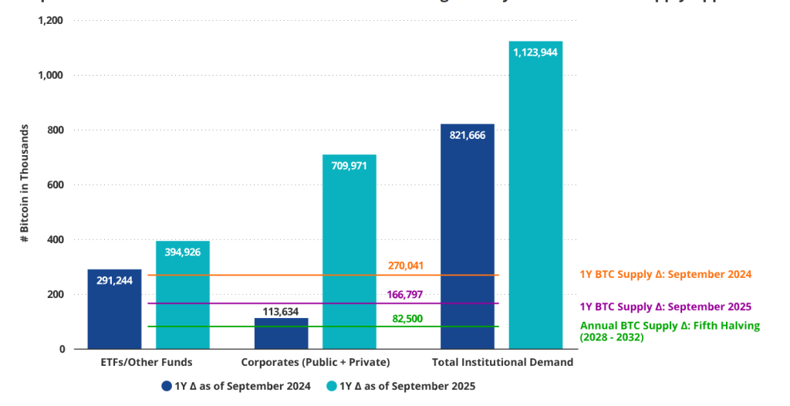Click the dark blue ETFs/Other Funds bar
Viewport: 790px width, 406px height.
click(114, 309)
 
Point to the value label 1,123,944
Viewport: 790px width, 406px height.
click(535, 52)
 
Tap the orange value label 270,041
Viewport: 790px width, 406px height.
click(406, 266)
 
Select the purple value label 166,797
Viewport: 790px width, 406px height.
click(406, 294)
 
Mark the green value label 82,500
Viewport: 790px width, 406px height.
click(406, 318)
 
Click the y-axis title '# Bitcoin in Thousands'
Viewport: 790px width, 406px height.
click(25, 184)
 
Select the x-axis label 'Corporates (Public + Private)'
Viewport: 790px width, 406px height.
click(315, 362)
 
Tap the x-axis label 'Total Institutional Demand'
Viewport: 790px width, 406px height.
click(502, 362)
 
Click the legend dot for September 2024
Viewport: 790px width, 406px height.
click(166, 386)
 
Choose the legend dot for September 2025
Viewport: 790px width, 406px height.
click(333, 386)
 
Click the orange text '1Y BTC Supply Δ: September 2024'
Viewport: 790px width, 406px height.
click(666, 274)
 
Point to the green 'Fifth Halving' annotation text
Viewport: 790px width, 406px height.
click(670, 331)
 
